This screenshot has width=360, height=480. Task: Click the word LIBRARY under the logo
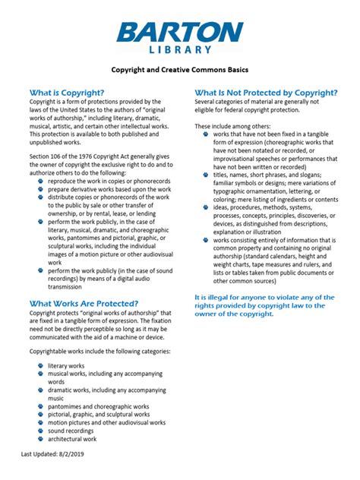[x=180, y=49]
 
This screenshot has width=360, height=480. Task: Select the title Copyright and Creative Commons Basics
[x=180, y=70]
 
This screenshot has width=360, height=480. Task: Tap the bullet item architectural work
[x=73, y=439]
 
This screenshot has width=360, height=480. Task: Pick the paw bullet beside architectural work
[x=40, y=439]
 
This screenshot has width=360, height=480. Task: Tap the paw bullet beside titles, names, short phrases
[x=205, y=175]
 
